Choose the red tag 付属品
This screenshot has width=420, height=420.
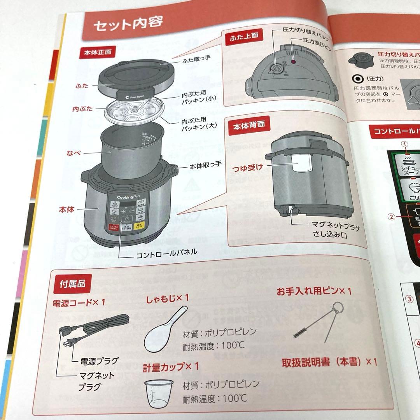[70, 283]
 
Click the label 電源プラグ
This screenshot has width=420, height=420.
[99, 360]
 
